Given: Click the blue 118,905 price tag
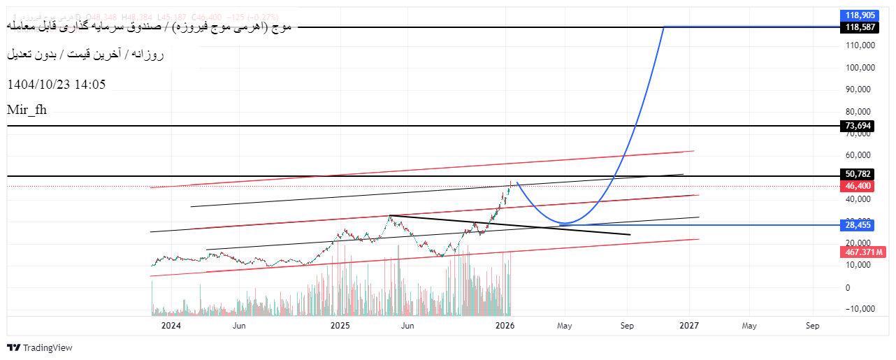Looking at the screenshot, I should click(x=860, y=15).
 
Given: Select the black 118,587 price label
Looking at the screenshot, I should click(x=860, y=27).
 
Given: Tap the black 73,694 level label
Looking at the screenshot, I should click(x=858, y=126).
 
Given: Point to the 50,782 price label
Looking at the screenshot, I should click(x=858, y=174).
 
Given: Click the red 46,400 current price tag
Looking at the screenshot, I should click(x=858, y=186).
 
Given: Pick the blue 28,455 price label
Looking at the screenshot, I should click(x=858, y=225).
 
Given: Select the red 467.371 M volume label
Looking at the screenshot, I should click(x=862, y=252).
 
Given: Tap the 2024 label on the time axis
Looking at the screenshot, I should click(x=171, y=326).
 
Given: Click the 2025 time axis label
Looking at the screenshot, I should click(x=340, y=326).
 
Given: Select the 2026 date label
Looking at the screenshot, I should click(x=505, y=326).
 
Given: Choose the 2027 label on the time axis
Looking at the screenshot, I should click(x=690, y=326).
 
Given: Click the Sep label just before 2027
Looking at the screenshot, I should click(x=627, y=326).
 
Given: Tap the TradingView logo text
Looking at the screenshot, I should click(x=48, y=347).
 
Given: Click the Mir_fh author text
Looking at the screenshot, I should click(x=27, y=109).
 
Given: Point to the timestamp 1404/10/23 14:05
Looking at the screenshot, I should click(x=56, y=85).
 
